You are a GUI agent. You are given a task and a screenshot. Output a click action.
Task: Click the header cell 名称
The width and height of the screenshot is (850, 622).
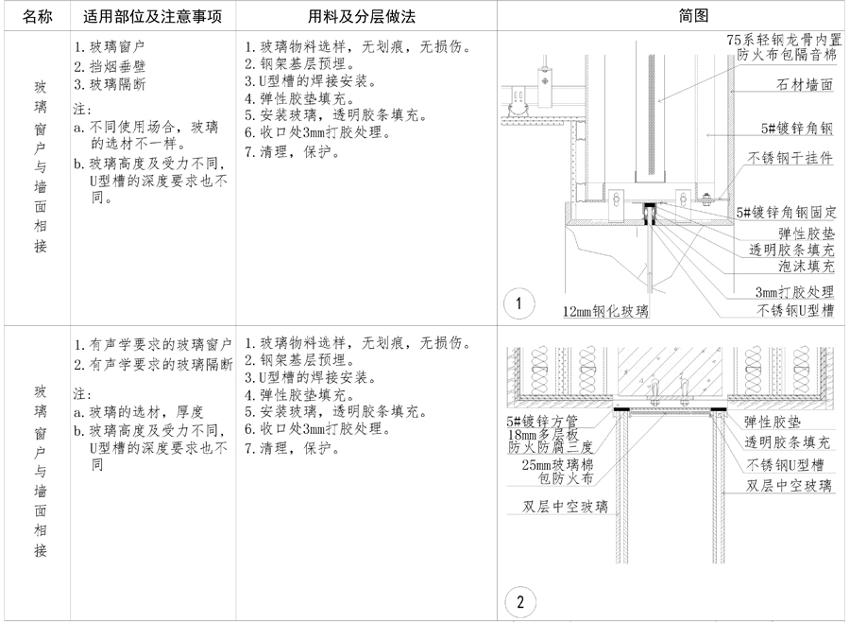click(38, 16)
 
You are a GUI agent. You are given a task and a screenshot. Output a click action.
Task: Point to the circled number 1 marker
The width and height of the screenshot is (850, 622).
click(518, 303)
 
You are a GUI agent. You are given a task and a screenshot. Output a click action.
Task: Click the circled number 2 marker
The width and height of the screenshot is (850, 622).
click(518, 600)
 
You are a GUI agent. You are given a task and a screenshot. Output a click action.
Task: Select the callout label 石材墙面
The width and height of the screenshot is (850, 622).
click(797, 85)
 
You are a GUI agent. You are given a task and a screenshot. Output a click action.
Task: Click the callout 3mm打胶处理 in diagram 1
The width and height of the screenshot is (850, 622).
click(794, 292)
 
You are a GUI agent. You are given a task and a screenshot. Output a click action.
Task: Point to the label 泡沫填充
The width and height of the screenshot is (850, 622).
click(801, 269)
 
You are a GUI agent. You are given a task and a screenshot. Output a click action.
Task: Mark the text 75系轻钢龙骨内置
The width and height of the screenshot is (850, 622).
click(783, 41)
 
